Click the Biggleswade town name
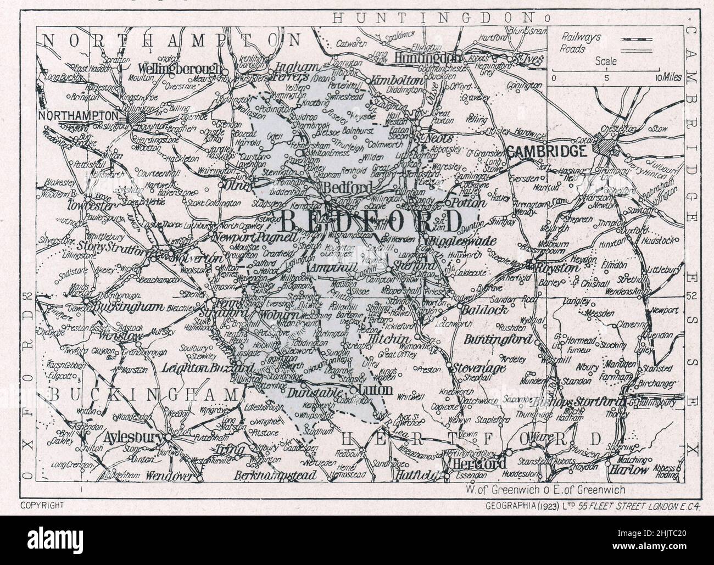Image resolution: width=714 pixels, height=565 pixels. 462,241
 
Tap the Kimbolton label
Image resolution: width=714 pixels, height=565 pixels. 398,80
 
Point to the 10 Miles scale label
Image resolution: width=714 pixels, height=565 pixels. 667,77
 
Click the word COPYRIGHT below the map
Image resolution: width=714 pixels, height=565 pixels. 43,504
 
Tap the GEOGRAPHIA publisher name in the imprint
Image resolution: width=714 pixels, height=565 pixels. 508,504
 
